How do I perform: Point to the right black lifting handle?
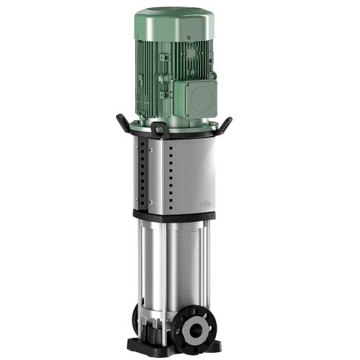(225, 124)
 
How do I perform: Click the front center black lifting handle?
(160, 130)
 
